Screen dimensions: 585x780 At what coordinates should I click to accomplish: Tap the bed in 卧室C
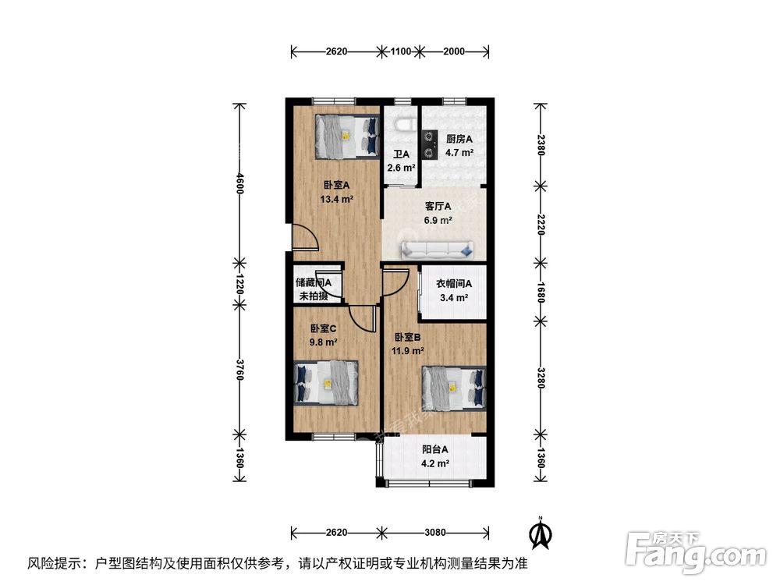(x=326, y=383)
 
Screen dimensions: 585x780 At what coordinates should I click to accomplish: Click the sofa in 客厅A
(x=438, y=250)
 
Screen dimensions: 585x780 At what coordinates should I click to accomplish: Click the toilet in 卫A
(x=402, y=126)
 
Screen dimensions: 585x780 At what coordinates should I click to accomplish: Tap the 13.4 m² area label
(x=336, y=199)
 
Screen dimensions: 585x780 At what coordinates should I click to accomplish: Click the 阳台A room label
(x=435, y=449)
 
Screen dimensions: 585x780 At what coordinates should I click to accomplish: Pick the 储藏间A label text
(x=314, y=283)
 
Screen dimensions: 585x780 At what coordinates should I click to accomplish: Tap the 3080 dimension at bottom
(x=435, y=533)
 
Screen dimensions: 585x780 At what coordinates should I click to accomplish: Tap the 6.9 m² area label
(x=438, y=221)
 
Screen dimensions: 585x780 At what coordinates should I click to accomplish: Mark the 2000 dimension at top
(x=453, y=51)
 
